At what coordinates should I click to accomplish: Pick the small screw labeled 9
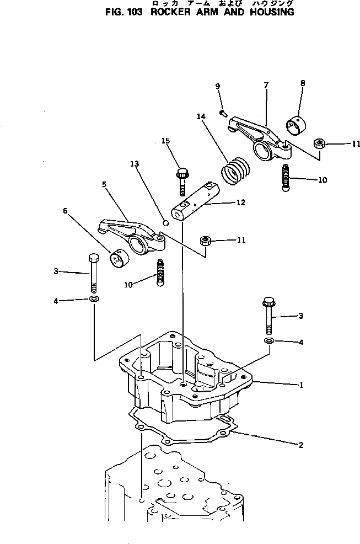pyautogui.click(x=222, y=113)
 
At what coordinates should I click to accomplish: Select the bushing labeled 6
pyautogui.click(x=117, y=258)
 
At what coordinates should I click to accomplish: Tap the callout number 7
pyautogui.click(x=266, y=85)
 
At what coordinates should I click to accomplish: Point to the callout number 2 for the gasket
pyautogui.click(x=301, y=445)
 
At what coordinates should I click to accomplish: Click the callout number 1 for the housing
pyautogui.click(x=301, y=386)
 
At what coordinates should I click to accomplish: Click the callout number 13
pyautogui.click(x=135, y=164)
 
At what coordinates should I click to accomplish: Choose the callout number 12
pyautogui.click(x=240, y=203)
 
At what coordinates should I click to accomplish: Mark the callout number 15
pyautogui.click(x=165, y=142)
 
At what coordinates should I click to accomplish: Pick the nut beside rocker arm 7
pyautogui.click(x=318, y=143)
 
